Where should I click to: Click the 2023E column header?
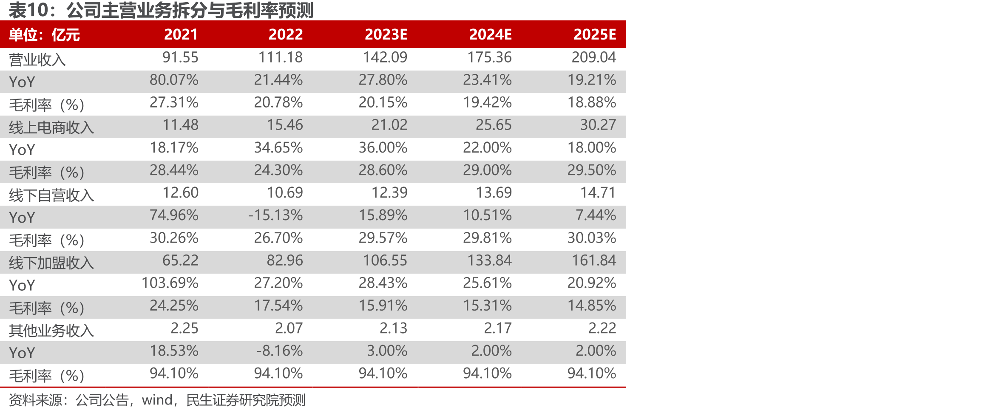[x=386, y=34]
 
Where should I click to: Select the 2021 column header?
[x=181, y=34]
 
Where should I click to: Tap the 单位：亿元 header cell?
[x=45, y=35]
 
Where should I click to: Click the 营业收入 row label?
[x=37, y=59]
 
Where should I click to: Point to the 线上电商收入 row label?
[x=51, y=127]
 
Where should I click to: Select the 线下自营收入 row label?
[x=51, y=195]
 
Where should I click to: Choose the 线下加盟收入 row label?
[x=51, y=263]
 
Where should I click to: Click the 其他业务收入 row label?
[x=51, y=330]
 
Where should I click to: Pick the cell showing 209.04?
[x=594, y=57]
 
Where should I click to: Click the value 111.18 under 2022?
[x=281, y=57]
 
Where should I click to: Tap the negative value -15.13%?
[x=275, y=215]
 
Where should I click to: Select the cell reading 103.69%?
[x=170, y=283]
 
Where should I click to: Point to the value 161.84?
[x=594, y=260]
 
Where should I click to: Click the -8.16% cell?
[x=280, y=351]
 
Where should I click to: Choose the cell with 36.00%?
[x=383, y=147]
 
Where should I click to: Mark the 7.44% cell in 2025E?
[x=596, y=215]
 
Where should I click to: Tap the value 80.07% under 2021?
[x=174, y=79]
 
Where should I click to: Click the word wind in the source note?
[x=157, y=400]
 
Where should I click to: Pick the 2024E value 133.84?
[x=490, y=260]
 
